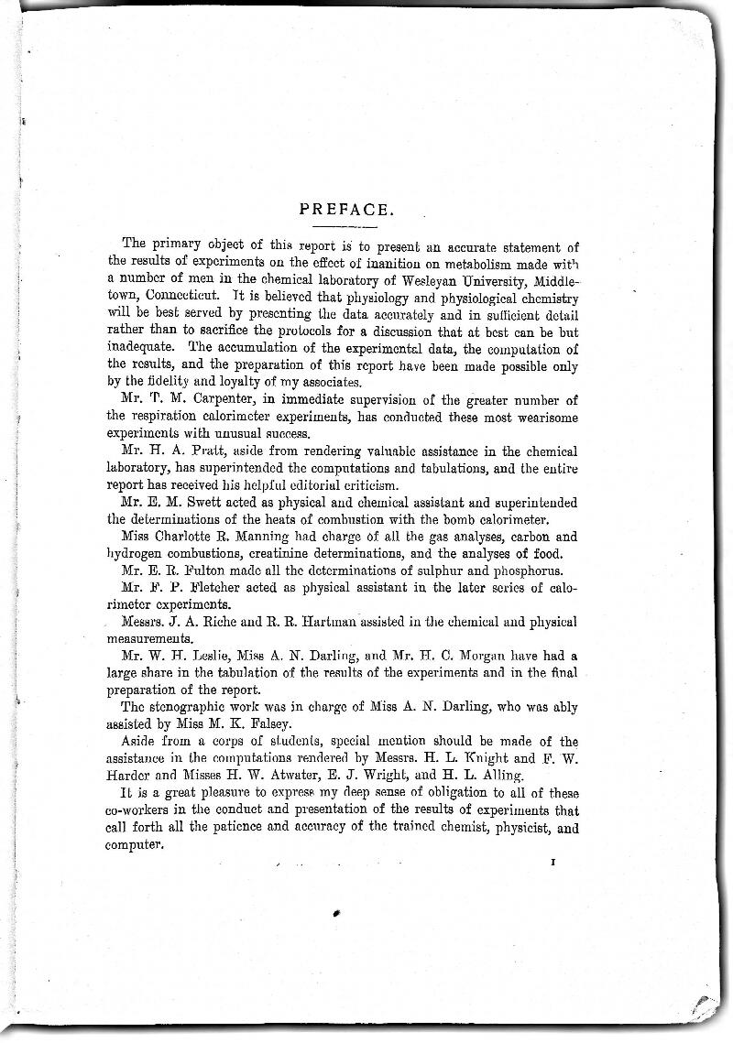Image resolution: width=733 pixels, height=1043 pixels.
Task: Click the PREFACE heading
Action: [346, 210]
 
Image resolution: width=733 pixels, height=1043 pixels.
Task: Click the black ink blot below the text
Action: [336, 913]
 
